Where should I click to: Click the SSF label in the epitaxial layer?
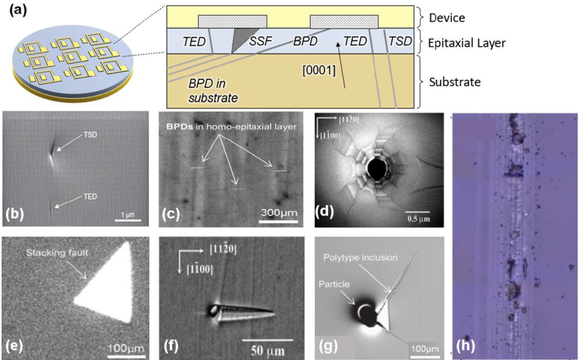(x=261, y=41)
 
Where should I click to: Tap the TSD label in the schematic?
(x=400, y=41)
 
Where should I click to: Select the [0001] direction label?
(x=319, y=70)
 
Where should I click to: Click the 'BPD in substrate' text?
(x=213, y=91)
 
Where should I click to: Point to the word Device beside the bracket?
(x=447, y=17)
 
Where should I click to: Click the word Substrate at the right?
(x=455, y=82)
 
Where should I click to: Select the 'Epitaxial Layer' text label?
(x=467, y=44)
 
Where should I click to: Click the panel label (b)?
(x=14, y=214)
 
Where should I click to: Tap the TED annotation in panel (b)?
(x=90, y=196)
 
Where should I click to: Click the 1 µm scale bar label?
(x=128, y=215)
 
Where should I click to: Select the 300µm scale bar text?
(x=279, y=213)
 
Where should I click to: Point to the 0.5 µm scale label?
(x=419, y=219)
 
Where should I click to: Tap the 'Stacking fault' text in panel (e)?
(x=57, y=253)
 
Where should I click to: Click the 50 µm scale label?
(x=267, y=351)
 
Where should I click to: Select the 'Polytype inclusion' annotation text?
(x=361, y=258)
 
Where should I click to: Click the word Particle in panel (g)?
(x=334, y=285)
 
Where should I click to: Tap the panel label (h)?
(x=467, y=345)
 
